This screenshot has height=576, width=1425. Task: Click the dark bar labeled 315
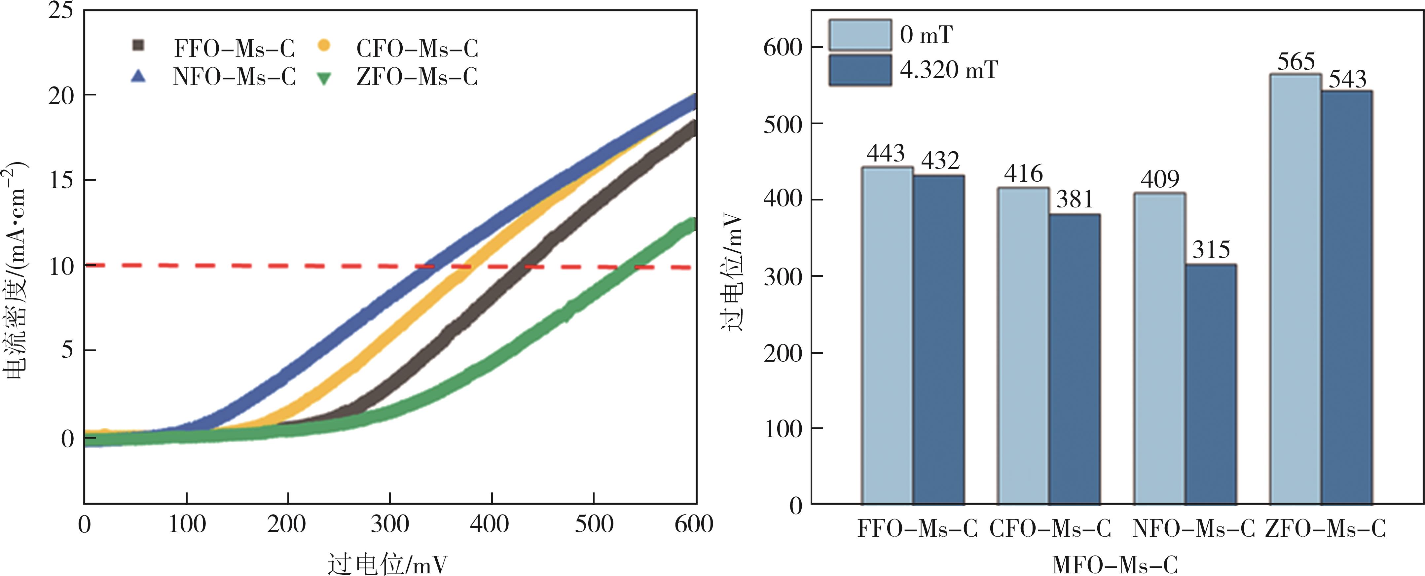pyautogui.click(x=1210, y=384)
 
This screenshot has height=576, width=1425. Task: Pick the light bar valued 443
pyautogui.click(x=887, y=335)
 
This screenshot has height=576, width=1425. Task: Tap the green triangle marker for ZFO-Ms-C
pyautogui.click(x=324, y=78)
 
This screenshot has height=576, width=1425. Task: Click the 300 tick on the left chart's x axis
pyautogui.click(x=390, y=523)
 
